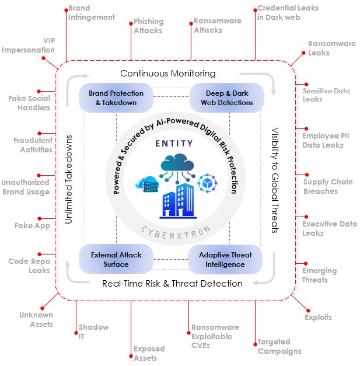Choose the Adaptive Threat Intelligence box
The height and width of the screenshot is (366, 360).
click(x=225, y=259)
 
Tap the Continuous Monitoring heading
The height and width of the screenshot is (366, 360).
click(x=168, y=74)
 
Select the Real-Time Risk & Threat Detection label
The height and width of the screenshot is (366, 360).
click(x=172, y=284)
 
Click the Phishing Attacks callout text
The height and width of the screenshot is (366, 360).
click(x=148, y=26)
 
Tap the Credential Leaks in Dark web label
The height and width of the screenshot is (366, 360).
click(x=280, y=13)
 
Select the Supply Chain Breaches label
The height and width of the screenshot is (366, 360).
click(x=327, y=186)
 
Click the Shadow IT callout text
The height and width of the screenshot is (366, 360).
click(x=85, y=332)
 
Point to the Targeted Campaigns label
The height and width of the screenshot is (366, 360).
click(x=279, y=347)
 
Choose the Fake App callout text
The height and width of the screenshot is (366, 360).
click(x=33, y=225)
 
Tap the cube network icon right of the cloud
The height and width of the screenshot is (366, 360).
click(x=208, y=183)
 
